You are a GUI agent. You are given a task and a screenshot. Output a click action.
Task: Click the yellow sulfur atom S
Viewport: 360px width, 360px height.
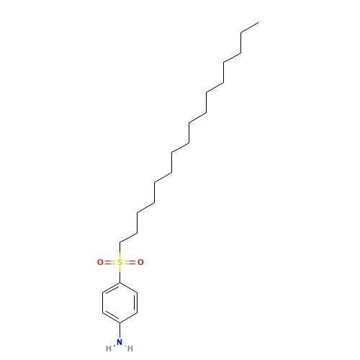(120, 262)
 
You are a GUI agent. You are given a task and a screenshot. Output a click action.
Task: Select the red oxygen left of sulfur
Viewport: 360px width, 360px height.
(100, 262)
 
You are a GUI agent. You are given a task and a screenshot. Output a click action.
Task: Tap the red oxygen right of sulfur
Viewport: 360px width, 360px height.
(140, 262)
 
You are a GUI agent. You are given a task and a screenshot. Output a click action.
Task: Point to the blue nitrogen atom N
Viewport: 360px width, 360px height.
(120, 342)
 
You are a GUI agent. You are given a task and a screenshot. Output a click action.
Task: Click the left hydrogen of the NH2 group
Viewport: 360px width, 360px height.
(109, 348)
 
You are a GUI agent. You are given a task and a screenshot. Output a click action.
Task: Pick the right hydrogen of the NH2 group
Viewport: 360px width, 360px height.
(130, 348)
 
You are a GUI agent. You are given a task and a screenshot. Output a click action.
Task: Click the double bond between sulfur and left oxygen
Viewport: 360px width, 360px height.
(110, 262)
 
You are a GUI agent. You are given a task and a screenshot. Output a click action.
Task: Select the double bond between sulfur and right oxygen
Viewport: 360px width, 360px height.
(130, 262)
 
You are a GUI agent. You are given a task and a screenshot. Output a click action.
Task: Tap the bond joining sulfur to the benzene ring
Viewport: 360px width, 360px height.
(120, 274)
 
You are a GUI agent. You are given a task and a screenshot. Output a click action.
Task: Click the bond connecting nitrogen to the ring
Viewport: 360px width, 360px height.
(120, 330)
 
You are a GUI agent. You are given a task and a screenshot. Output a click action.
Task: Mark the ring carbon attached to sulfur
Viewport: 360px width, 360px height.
(120, 282)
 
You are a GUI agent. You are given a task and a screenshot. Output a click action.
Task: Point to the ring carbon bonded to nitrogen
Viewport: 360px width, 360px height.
(120, 323)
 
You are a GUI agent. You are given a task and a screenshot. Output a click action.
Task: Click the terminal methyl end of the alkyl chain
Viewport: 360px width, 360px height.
(258, 23)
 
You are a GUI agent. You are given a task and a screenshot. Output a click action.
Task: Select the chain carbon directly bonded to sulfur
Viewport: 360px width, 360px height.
(120, 243)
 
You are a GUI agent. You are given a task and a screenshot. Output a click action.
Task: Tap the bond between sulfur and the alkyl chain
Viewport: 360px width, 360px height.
(120, 251)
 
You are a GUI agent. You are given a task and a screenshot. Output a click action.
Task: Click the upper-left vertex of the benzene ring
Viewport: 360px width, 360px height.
(102, 292)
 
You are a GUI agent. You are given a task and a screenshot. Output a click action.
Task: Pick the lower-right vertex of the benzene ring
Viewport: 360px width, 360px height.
(138, 312)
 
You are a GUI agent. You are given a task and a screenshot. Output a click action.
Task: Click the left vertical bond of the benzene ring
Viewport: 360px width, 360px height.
(102, 302)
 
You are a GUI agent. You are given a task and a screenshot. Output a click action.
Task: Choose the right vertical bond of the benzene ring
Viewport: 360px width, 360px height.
(137, 302)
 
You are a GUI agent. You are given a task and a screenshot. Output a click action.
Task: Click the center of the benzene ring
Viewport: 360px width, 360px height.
(120, 302)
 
